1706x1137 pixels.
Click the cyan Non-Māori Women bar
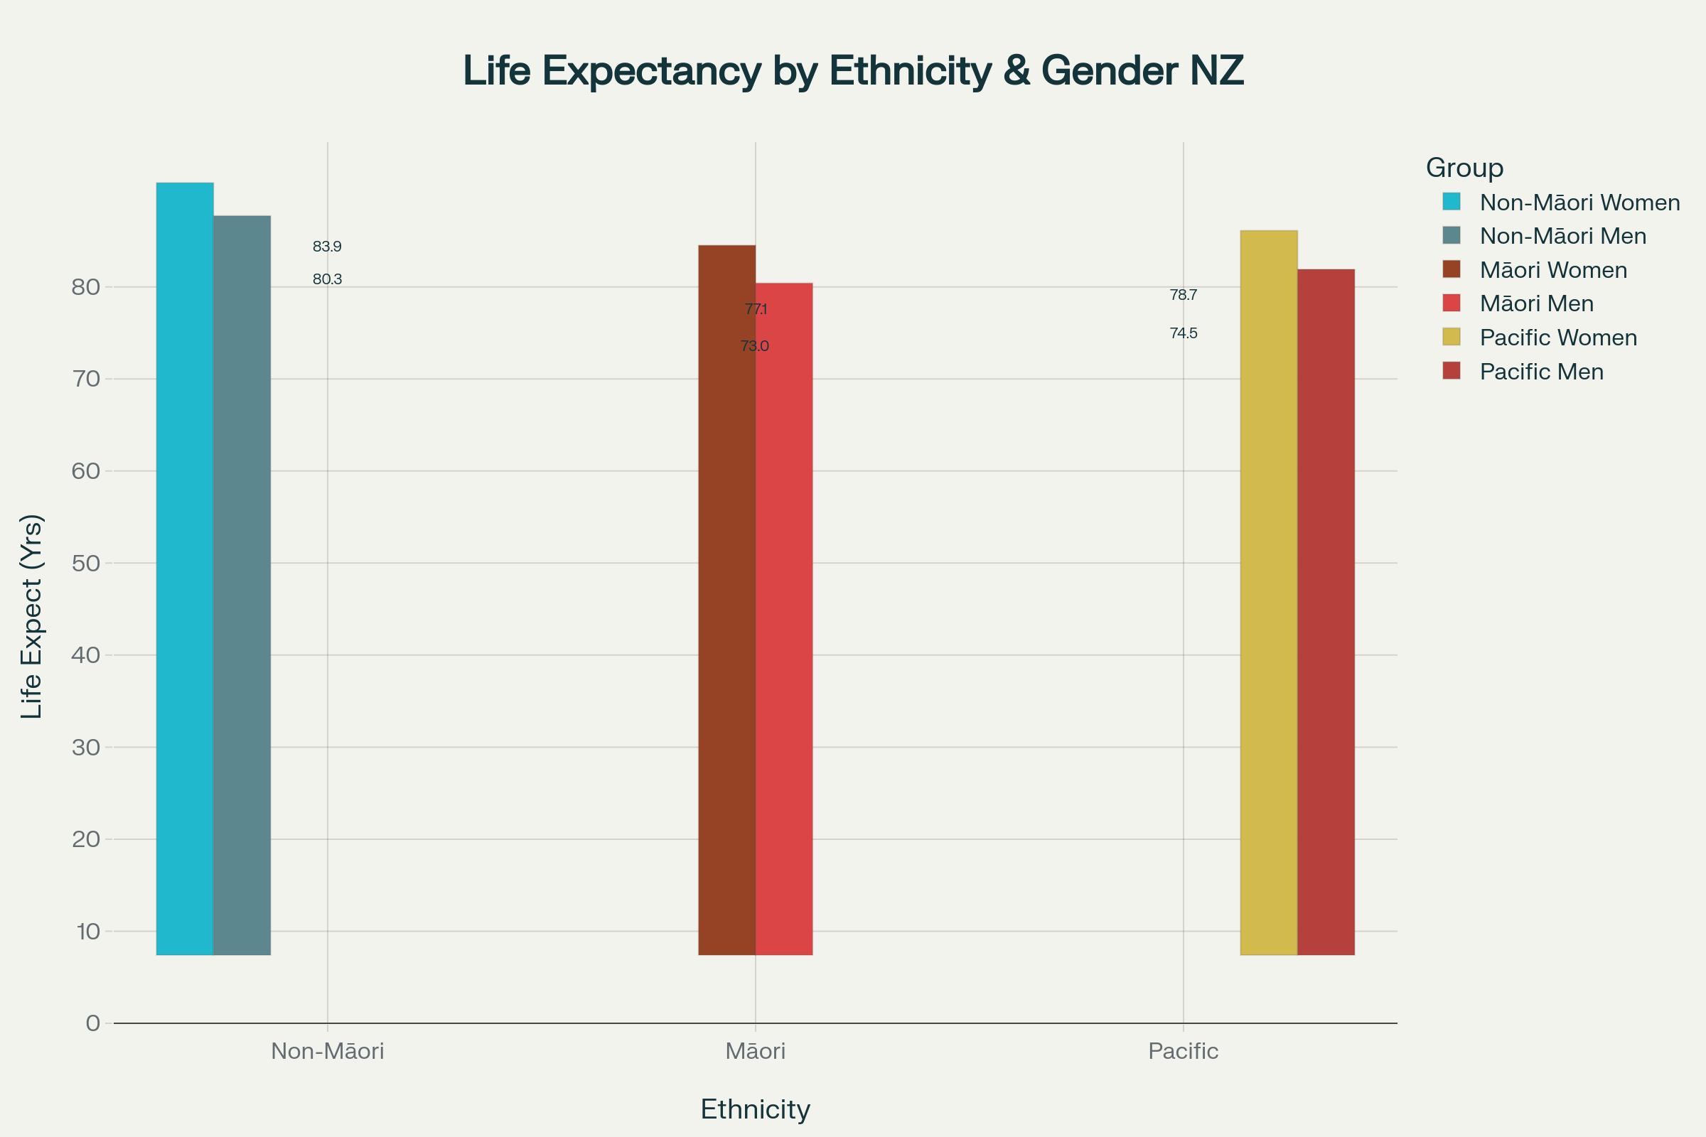coord(185,568)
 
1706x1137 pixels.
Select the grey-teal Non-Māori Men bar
coord(242,585)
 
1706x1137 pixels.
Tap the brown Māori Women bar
coord(726,600)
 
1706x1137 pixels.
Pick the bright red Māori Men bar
coord(783,618)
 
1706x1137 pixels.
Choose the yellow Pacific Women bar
coord(1269,593)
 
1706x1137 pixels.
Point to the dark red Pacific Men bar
coord(1325,612)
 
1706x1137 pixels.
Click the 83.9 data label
coord(327,247)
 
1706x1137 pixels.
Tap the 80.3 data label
coord(327,279)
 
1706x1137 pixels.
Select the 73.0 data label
coord(754,347)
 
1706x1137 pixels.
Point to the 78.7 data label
coord(1183,295)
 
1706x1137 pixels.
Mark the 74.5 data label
coord(1183,333)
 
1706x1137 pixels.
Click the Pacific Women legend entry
coord(1558,338)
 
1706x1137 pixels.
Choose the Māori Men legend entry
coord(1536,304)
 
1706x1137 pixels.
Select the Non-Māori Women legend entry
coord(1579,203)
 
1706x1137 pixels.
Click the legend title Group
coord(1464,168)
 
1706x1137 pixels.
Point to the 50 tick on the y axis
coord(85,564)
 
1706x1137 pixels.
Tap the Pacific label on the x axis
coord(1183,1052)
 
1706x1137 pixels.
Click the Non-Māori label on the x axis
coord(327,1052)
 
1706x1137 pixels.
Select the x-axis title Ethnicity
coord(755,1109)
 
